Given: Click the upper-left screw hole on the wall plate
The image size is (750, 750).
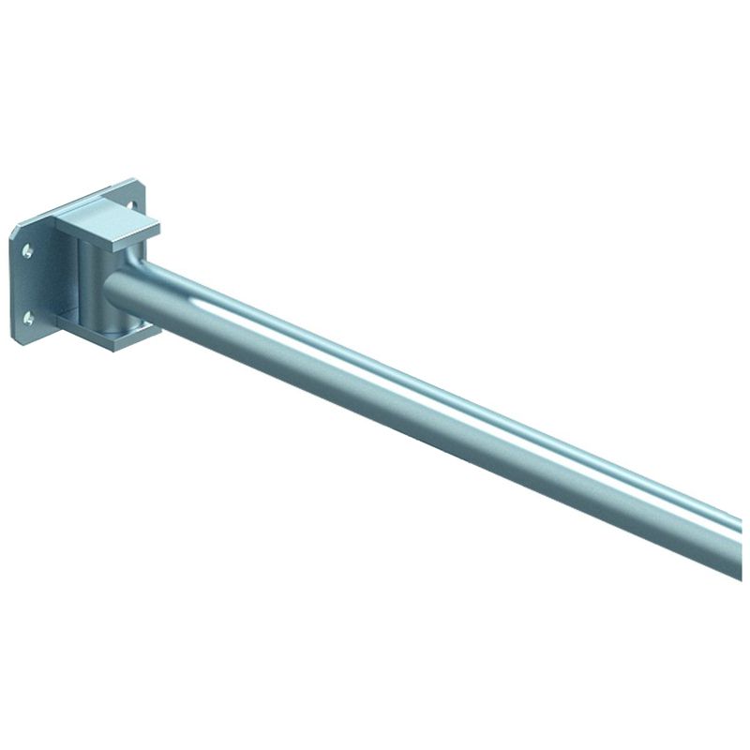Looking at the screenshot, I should (27, 250).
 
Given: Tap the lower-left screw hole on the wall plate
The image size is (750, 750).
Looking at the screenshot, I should (28, 318).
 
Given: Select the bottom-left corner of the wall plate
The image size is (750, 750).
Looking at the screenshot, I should (15, 340).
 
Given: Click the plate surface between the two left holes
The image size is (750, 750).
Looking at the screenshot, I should (27, 284).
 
